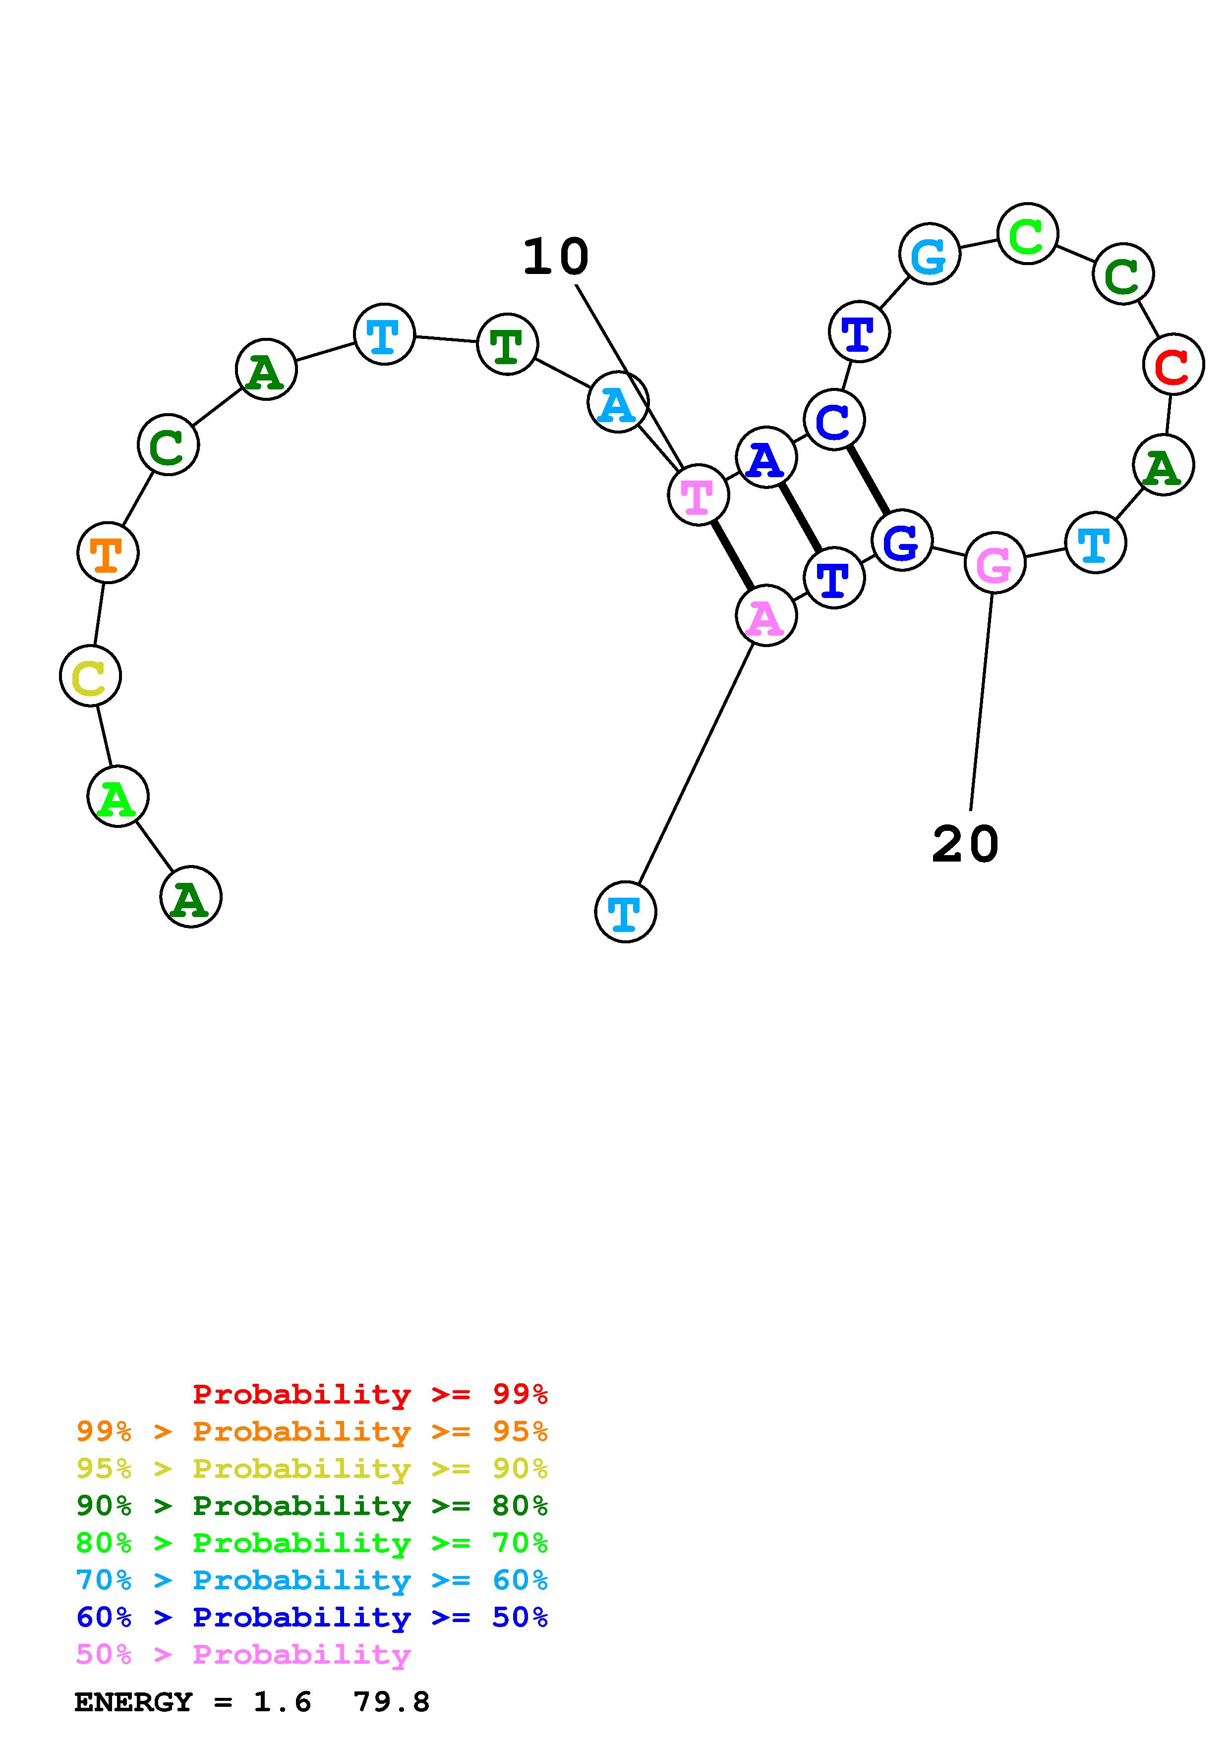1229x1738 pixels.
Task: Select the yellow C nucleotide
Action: click(90, 675)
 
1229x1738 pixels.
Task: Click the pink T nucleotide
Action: click(698, 494)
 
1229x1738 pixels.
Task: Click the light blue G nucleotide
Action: click(929, 254)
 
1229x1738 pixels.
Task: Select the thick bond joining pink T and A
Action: click(731, 555)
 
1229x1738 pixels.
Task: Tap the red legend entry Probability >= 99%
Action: click(369, 1394)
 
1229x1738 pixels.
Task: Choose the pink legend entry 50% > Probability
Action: click(243, 1654)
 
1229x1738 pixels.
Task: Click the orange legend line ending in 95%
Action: click(311, 1431)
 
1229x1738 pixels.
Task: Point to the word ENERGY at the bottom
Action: click(133, 1702)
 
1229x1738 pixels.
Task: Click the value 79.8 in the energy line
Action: click(392, 1702)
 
